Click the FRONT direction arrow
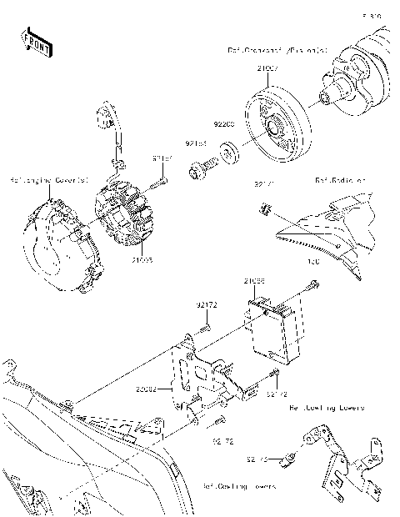[36, 41]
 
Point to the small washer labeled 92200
[225, 155]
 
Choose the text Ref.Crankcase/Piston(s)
[277, 50]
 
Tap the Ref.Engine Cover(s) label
[42, 178]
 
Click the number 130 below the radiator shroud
[314, 262]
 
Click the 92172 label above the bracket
[207, 306]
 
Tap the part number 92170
[257, 457]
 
